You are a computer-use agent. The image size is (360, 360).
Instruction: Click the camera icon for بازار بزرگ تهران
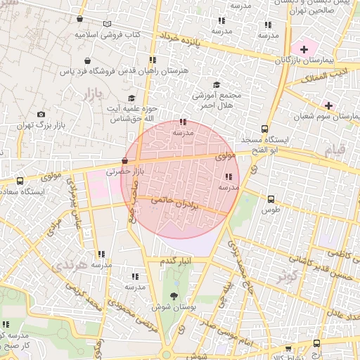tap(41, 115)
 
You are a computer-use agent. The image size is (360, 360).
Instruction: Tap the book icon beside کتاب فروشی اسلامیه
tap(107, 24)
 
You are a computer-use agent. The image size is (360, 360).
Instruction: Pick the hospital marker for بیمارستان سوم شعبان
tap(328, 105)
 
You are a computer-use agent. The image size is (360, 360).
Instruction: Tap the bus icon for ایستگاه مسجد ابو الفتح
tap(264, 129)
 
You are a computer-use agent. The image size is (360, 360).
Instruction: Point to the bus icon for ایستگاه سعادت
tap(20, 181)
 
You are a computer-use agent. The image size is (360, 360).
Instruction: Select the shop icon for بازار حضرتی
tap(124, 161)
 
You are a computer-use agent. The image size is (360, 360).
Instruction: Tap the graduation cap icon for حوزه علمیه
tap(131, 98)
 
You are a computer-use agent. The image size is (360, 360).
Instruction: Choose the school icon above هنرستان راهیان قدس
tap(153, 60)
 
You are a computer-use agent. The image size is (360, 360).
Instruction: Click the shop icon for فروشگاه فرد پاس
tap(87, 61)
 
